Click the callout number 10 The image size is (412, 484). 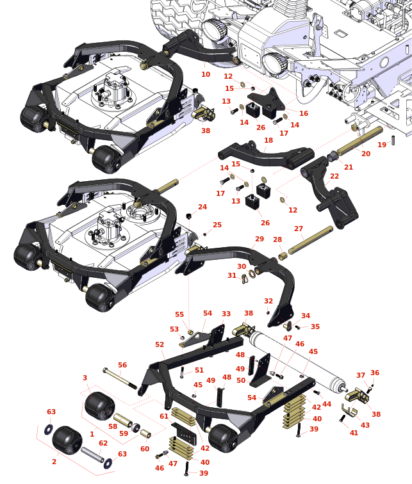click(206, 74)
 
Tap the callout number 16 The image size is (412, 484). click(304, 113)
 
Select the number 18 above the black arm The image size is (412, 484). click(268, 140)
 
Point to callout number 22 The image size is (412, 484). click(334, 176)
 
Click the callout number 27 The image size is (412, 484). click(299, 229)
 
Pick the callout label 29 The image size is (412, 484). click(260, 239)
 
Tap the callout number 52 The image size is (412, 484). click(160, 344)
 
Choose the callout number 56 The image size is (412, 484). click(122, 365)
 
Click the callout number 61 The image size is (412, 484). click(164, 416)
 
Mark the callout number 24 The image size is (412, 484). click(202, 207)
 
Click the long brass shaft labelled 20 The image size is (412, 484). click(362, 143)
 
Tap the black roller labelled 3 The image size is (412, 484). click(99, 405)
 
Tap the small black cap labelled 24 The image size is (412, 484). click(190, 215)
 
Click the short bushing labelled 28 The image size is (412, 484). click(281, 255)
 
